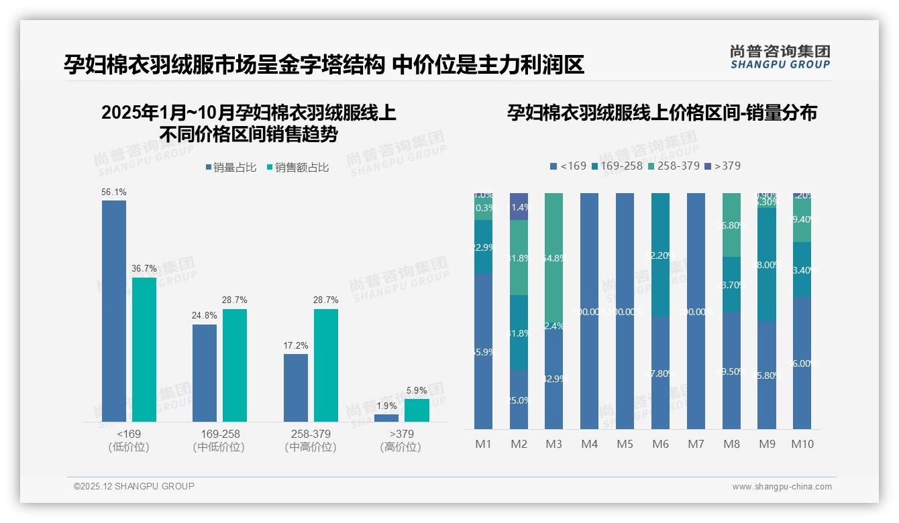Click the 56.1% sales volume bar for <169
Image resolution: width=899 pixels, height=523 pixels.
click(114, 311)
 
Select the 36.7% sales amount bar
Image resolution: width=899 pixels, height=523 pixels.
click(144, 349)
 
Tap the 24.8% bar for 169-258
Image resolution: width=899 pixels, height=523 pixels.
click(205, 373)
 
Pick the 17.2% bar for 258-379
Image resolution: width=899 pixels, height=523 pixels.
click(296, 388)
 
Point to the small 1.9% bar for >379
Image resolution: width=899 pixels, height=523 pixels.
click(386, 418)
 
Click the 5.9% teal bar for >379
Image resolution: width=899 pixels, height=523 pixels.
click(417, 410)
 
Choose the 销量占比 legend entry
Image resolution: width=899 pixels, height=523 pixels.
click(230, 168)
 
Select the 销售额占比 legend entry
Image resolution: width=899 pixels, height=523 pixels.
click(298, 168)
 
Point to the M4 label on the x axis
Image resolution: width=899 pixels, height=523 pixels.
click(589, 444)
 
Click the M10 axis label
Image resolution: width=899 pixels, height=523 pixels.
click(802, 444)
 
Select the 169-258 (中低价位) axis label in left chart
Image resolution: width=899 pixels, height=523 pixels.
click(219, 441)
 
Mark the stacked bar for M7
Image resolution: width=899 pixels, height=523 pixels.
click(696, 311)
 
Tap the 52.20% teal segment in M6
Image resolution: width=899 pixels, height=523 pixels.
click(661, 255)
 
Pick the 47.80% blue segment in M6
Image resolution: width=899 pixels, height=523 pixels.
click(661, 373)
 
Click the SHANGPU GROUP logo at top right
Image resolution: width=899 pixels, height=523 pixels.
click(780, 57)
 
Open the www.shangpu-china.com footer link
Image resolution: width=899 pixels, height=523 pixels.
click(782, 487)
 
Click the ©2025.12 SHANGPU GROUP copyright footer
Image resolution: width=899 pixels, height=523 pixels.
click(134, 486)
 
